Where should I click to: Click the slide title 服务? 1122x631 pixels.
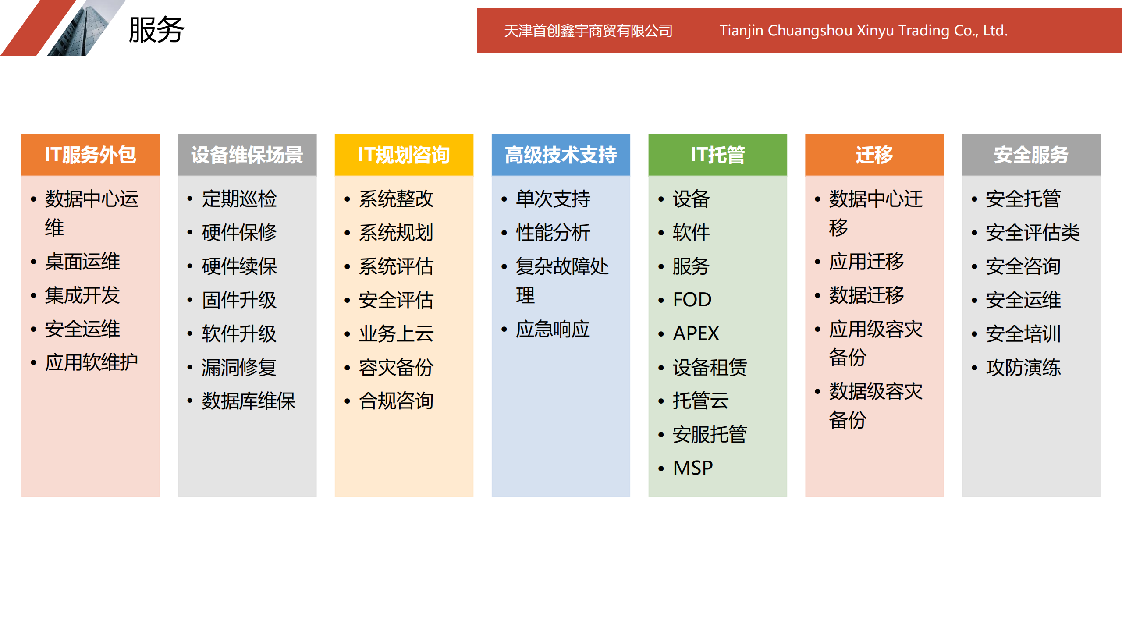point(156,30)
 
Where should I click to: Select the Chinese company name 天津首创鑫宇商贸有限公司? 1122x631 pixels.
point(588,31)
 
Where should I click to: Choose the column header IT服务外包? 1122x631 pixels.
point(90,155)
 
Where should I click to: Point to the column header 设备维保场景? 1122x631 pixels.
point(247,155)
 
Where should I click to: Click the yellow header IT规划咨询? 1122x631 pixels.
point(404,155)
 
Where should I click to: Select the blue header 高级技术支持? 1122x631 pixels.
point(561,155)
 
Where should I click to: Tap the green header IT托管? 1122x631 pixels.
point(717,155)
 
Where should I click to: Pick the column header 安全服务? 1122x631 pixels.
point(1031,155)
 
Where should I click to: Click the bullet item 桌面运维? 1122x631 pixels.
point(82,262)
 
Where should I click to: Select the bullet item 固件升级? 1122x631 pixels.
point(239,300)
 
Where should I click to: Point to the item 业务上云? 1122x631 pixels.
point(396,333)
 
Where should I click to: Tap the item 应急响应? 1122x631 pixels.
point(553,329)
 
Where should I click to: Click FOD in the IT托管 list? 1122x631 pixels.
point(692,300)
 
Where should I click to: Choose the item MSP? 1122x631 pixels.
point(693,468)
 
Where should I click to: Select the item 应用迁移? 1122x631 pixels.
point(866,262)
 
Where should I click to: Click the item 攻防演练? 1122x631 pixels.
point(1023,367)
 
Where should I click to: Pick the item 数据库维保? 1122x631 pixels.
point(249,401)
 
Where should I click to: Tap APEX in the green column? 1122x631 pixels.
point(696,333)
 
